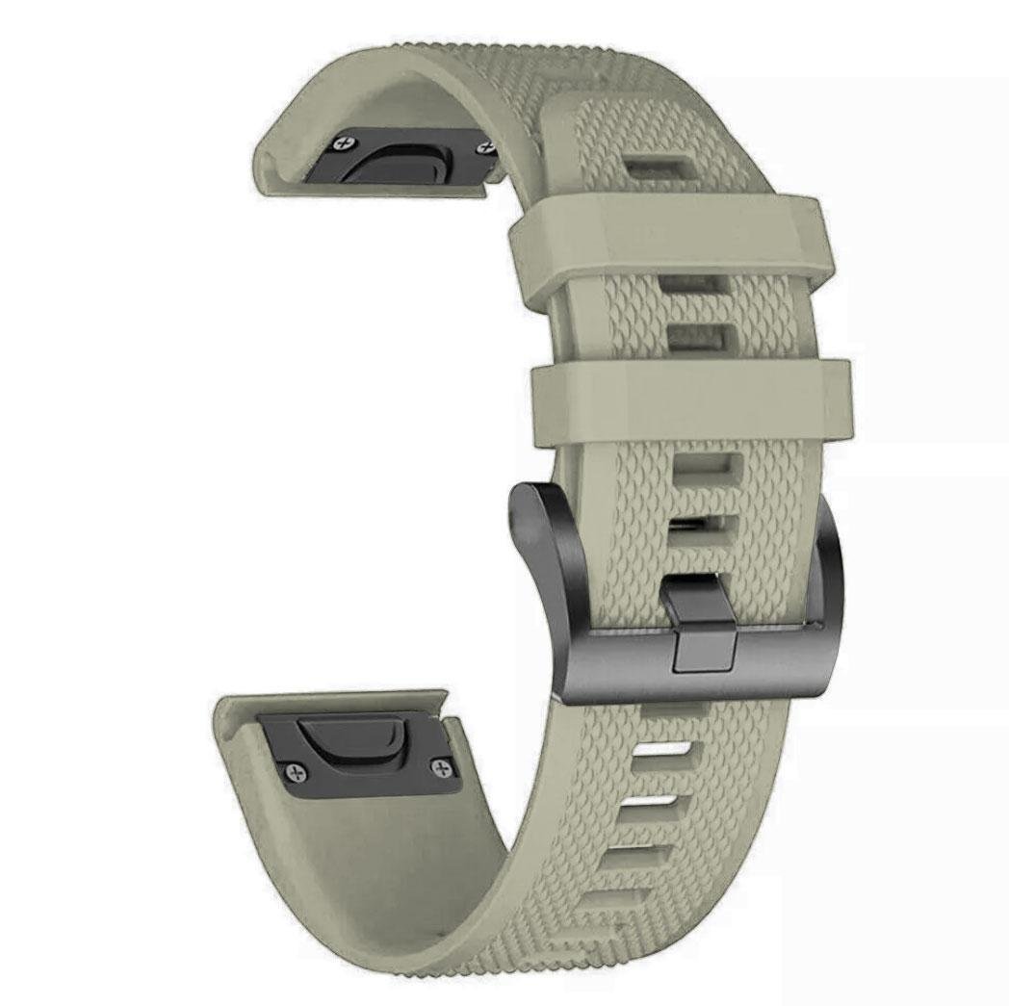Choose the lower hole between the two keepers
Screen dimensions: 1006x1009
pyautogui.click(x=700, y=337)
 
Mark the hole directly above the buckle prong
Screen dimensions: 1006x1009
pyautogui.click(x=702, y=528)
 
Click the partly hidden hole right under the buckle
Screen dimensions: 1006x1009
pyautogui.click(x=674, y=709)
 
